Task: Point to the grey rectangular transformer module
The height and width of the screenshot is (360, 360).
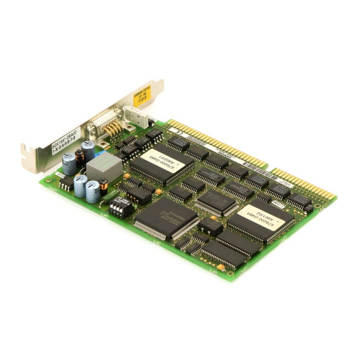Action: point(104,168)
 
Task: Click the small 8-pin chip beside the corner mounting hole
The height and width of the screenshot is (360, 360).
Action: point(66,182)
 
